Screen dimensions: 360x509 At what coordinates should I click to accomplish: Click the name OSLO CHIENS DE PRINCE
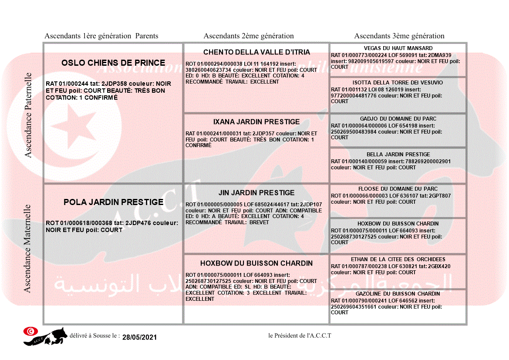coord(113,63)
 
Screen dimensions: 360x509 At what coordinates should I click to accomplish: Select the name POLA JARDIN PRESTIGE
coord(113,202)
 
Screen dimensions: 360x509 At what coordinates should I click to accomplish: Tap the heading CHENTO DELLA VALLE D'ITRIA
coord(256,52)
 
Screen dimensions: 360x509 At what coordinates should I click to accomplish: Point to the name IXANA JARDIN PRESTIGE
coord(256,122)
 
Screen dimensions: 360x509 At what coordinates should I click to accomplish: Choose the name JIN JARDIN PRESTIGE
coord(256,192)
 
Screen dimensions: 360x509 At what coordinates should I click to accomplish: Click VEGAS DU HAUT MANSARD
coord(398,48)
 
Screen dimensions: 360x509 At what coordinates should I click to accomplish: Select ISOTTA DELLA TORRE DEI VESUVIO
coord(398,83)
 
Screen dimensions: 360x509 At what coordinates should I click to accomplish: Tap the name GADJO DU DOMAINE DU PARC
coord(398,119)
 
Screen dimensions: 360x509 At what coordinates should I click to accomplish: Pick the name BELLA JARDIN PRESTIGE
coord(398,155)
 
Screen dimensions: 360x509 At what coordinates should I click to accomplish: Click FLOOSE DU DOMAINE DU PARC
coord(398,189)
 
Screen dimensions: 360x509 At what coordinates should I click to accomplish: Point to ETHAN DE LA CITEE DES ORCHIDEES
coord(398,259)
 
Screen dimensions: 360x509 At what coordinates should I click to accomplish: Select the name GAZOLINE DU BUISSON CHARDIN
coord(398,294)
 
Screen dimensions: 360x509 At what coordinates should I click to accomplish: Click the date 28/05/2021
coord(139,337)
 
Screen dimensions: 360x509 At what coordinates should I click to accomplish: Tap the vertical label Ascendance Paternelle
coord(28,115)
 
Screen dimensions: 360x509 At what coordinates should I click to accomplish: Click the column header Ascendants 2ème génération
coord(249,36)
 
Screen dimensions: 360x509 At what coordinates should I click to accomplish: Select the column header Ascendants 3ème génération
coord(399,36)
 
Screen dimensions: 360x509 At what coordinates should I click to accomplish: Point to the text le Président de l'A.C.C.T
coord(300,336)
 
